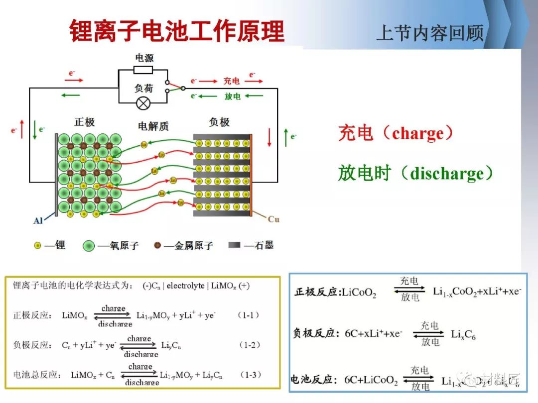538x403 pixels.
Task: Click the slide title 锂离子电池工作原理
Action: point(176,31)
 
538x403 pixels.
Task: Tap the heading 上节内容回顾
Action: point(429,33)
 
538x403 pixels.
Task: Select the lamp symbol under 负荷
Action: point(143,103)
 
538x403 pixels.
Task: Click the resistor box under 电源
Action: point(143,70)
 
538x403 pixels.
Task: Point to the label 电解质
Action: point(153,126)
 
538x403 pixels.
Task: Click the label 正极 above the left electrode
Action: point(84,122)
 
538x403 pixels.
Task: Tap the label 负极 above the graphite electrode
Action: point(219,122)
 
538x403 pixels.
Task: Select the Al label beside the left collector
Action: point(38,220)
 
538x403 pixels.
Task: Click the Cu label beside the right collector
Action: point(273,219)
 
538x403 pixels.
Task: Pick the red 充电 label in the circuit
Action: point(231,81)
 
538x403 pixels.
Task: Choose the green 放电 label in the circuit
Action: point(232,96)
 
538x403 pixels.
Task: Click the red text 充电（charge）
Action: point(397,133)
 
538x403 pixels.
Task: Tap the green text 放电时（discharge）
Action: point(415,174)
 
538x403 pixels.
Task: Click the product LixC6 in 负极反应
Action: point(463,335)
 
